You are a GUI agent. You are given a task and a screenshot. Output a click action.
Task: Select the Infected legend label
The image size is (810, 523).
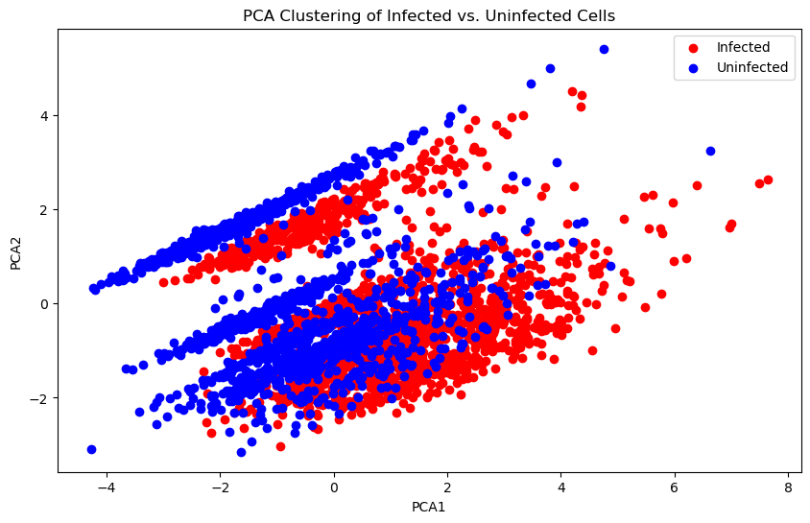pyautogui.click(x=743, y=46)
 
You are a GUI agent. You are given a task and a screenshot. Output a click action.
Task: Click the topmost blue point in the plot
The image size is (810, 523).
pyautogui.click(x=604, y=49)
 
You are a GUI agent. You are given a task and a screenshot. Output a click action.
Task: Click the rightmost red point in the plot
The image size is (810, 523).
pyautogui.click(x=768, y=179)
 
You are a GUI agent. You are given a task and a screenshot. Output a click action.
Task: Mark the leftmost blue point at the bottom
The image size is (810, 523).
pyautogui.click(x=91, y=449)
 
